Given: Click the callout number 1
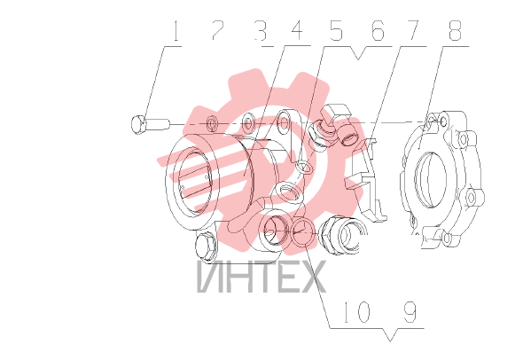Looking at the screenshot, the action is [176, 31].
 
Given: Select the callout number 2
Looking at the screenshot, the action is [217, 30].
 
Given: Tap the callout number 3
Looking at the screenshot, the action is [261, 31].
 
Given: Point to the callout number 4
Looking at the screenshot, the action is [297, 31].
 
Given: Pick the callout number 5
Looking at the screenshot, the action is [336, 31].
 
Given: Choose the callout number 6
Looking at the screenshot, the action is [378, 31].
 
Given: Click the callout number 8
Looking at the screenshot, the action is [455, 31].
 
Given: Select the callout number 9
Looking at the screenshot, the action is [410, 312].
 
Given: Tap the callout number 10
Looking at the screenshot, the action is [356, 312].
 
